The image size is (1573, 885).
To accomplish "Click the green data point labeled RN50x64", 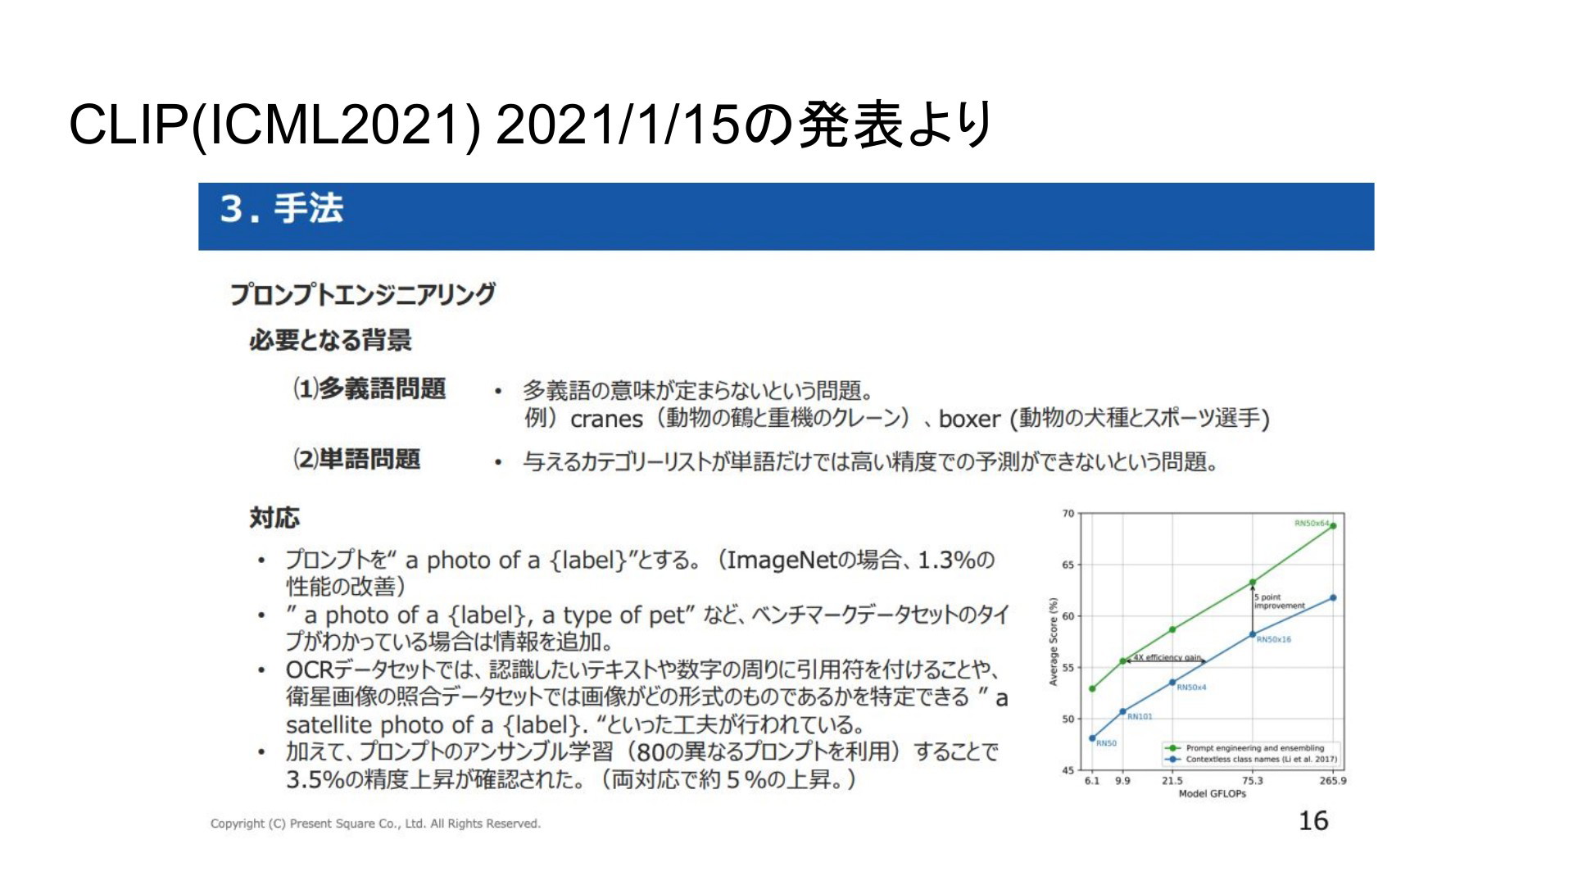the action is (1333, 526).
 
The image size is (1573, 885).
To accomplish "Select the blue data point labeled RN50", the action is (1092, 738).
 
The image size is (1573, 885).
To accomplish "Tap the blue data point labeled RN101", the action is (1122, 711).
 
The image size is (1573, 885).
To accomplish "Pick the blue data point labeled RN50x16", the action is (1253, 634).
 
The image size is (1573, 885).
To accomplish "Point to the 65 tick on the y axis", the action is (1068, 565).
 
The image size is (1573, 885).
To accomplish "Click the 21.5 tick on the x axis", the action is (1172, 781).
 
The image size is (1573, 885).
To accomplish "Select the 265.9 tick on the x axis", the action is (1332, 781).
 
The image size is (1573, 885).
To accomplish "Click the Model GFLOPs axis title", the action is (1212, 794).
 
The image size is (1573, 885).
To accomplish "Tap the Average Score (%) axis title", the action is (1054, 642).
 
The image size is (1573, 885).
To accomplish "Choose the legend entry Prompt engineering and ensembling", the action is (1254, 748).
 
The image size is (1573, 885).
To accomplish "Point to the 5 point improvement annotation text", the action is (1280, 601).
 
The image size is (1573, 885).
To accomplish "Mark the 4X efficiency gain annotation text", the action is (1167, 657).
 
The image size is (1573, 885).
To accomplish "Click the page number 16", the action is (1313, 820).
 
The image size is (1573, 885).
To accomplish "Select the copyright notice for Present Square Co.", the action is (375, 824).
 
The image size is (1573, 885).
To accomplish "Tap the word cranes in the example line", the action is (606, 420).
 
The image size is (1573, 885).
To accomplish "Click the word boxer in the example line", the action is (970, 419).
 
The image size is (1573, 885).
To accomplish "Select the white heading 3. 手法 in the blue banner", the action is (281, 209).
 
